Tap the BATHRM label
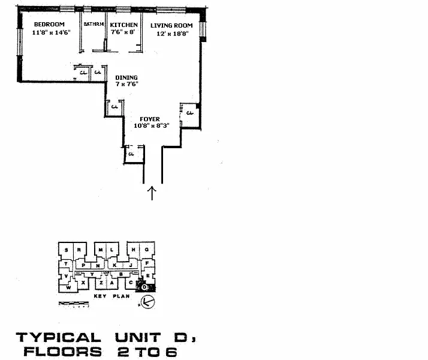click(x=94, y=25)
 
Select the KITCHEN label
click(x=123, y=25)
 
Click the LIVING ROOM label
click(x=171, y=25)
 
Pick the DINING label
click(x=126, y=77)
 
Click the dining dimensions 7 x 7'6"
click(x=127, y=85)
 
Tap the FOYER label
click(x=150, y=119)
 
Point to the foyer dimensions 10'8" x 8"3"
click(x=150, y=125)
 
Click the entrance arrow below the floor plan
click(x=152, y=193)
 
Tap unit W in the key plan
click(x=69, y=288)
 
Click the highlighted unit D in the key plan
click(x=144, y=287)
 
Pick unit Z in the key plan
click(x=102, y=283)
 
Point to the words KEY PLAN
click(x=111, y=296)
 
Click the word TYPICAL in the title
click(x=58, y=338)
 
